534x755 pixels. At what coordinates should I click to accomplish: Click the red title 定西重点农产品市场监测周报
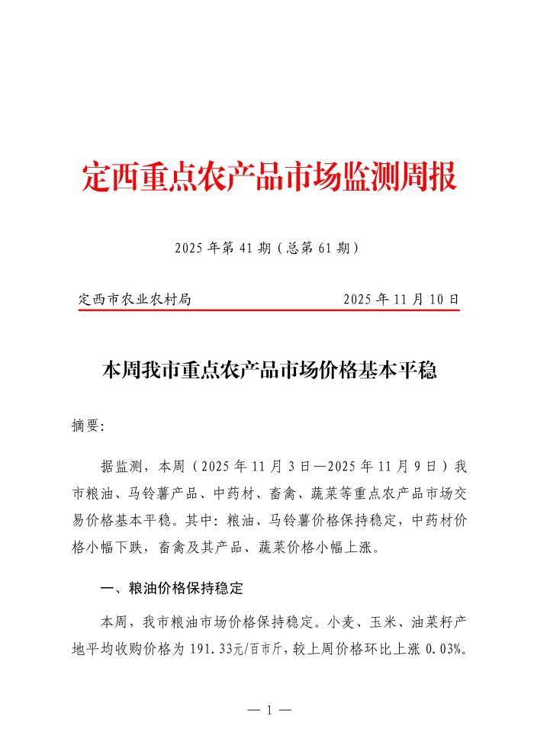point(269,178)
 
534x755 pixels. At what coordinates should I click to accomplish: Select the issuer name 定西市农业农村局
point(135,300)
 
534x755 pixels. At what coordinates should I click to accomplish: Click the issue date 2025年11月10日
point(401,300)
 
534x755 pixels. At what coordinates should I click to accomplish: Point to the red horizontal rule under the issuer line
point(269,310)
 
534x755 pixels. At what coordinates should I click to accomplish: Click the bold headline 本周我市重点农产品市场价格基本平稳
point(269,371)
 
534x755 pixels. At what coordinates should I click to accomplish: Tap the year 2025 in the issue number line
point(190,249)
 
